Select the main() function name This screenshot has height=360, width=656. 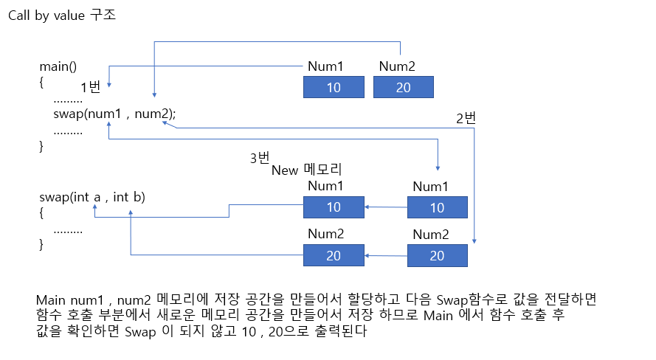(58, 66)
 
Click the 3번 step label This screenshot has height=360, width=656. (260, 158)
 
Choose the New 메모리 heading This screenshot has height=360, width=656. (308, 170)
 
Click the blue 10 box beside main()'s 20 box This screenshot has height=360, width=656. (334, 88)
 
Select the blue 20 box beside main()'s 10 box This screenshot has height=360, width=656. (403, 88)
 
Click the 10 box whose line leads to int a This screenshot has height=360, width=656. (334, 207)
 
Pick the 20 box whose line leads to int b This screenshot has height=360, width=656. (334, 256)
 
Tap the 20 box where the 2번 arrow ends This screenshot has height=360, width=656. (437, 256)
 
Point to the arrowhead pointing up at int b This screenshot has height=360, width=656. (131, 211)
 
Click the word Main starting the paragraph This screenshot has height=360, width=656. (52, 301)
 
